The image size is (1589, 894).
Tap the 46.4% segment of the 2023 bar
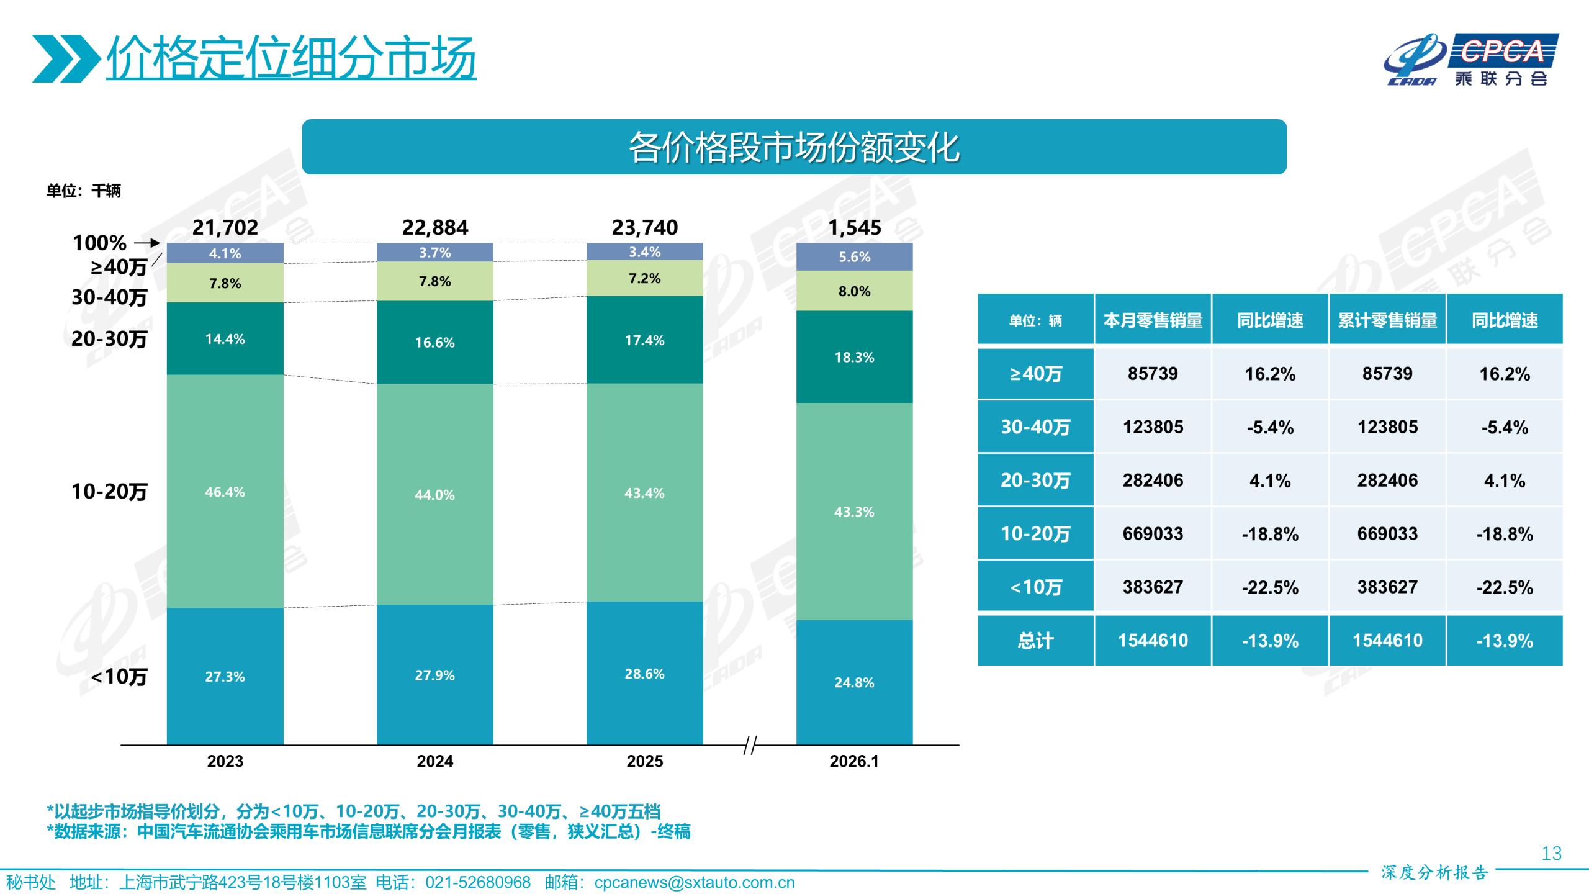(225, 492)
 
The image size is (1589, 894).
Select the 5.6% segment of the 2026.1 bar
(854, 257)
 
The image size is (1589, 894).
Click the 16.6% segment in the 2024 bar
(434, 342)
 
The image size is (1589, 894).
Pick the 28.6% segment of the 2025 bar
(644, 674)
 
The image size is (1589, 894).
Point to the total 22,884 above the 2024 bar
(434, 228)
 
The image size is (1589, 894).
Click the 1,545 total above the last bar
(854, 228)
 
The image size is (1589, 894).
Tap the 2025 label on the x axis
(644, 761)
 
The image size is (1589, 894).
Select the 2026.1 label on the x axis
(854, 761)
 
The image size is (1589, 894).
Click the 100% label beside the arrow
(99, 243)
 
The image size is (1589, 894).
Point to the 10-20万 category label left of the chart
(109, 492)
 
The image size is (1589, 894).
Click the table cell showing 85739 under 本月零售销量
(1153, 374)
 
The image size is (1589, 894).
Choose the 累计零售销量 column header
(1387, 320)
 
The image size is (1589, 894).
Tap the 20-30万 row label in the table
(1035, 481)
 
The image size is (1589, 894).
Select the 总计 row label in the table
(1035, 641)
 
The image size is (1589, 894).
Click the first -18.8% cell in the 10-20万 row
(1270, 534)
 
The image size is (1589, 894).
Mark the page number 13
(1551, 854)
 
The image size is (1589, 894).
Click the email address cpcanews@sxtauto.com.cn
(694, 882)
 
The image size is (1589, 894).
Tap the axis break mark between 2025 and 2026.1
(750, 745)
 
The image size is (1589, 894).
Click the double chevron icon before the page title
(66, 59)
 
